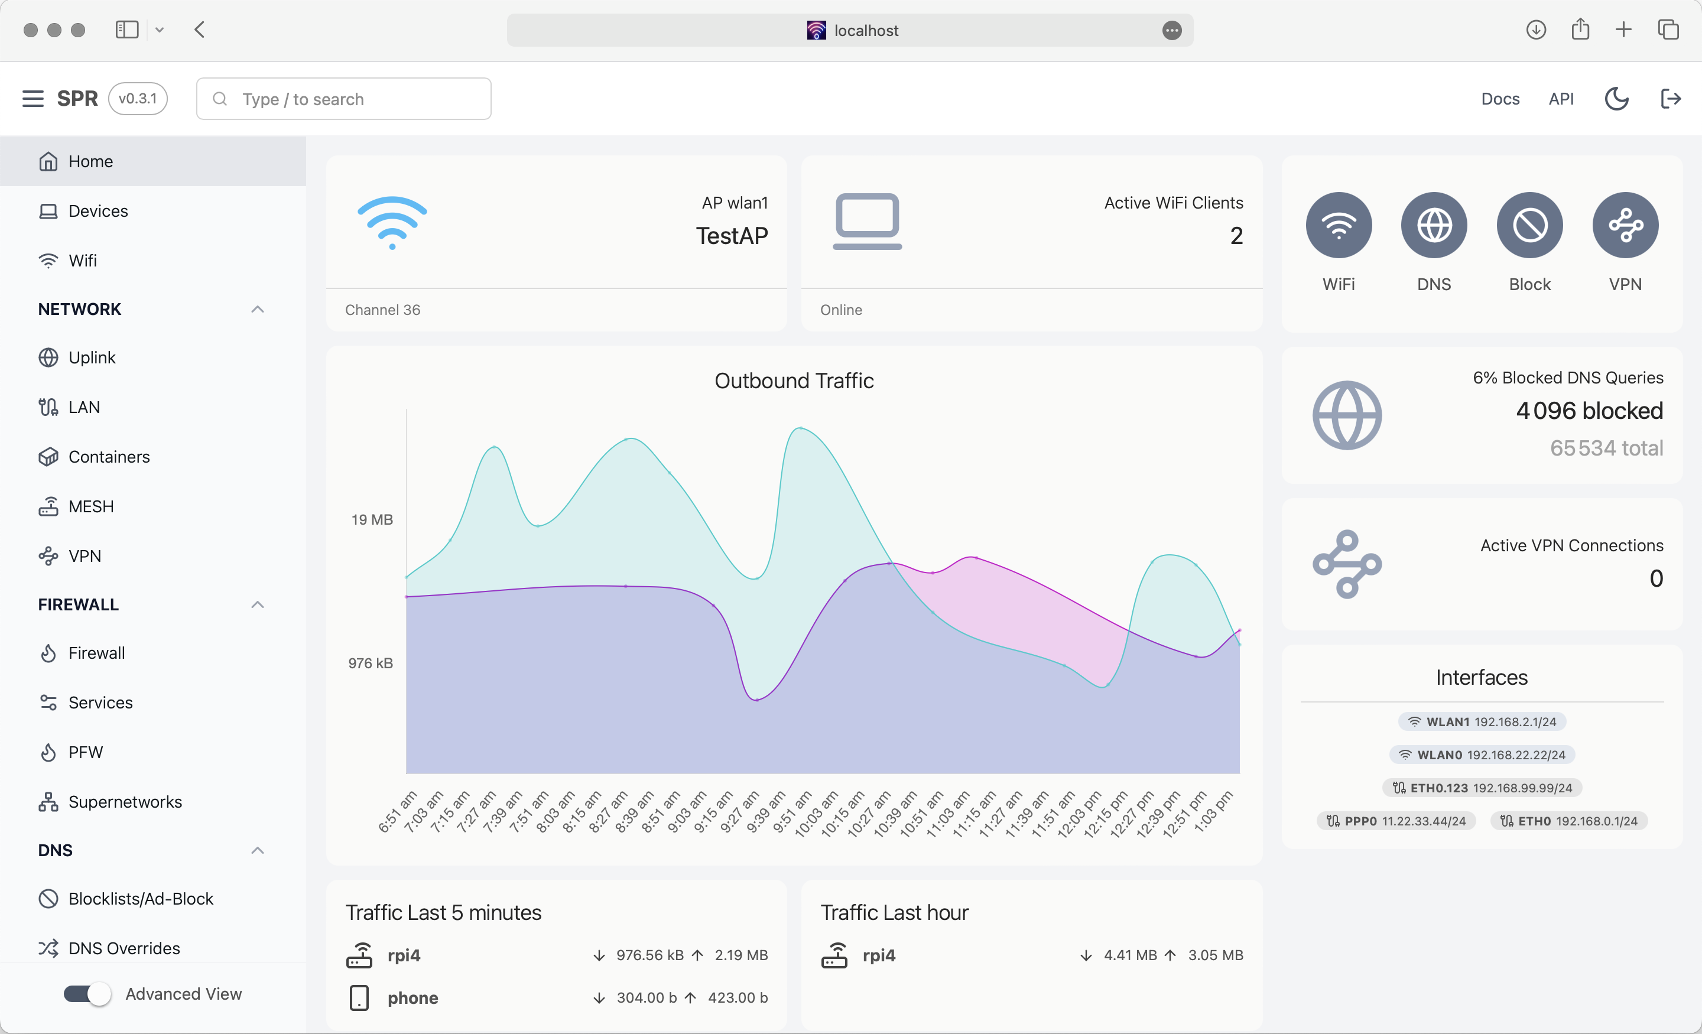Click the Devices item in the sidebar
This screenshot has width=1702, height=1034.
(x=98, y=211)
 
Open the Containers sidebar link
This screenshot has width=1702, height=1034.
(x=109, y=457)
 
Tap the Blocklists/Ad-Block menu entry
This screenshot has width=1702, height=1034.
(x=140, y=899)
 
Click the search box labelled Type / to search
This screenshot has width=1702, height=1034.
(x=343, y=99)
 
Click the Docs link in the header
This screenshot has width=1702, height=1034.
(x=1500, y=99)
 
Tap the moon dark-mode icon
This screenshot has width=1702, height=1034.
(x=1616, y=99)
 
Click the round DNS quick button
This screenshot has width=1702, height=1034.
(x=1433, y=225)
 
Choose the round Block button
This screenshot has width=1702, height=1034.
(x=1529, y=225)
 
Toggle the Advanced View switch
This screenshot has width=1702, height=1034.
(x=87, y=994)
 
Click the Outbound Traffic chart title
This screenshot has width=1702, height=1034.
(x=794, y=381)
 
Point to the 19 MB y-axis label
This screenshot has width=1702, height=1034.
(x=372, y=519)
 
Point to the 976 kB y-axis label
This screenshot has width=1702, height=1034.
(x=370, y=663)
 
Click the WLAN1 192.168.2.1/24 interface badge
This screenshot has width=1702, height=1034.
(x=1482, y=722)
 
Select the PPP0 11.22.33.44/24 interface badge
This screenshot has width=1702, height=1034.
(x=1396, y=821)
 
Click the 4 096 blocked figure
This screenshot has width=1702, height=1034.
(x=1589, y=411)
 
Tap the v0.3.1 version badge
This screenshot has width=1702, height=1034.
(x=138, y=99)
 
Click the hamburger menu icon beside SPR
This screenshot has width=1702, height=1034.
(x=33, y=99)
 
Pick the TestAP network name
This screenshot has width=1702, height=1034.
(x=732, y=236)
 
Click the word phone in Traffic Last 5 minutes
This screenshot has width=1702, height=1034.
(x=412, y=998)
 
